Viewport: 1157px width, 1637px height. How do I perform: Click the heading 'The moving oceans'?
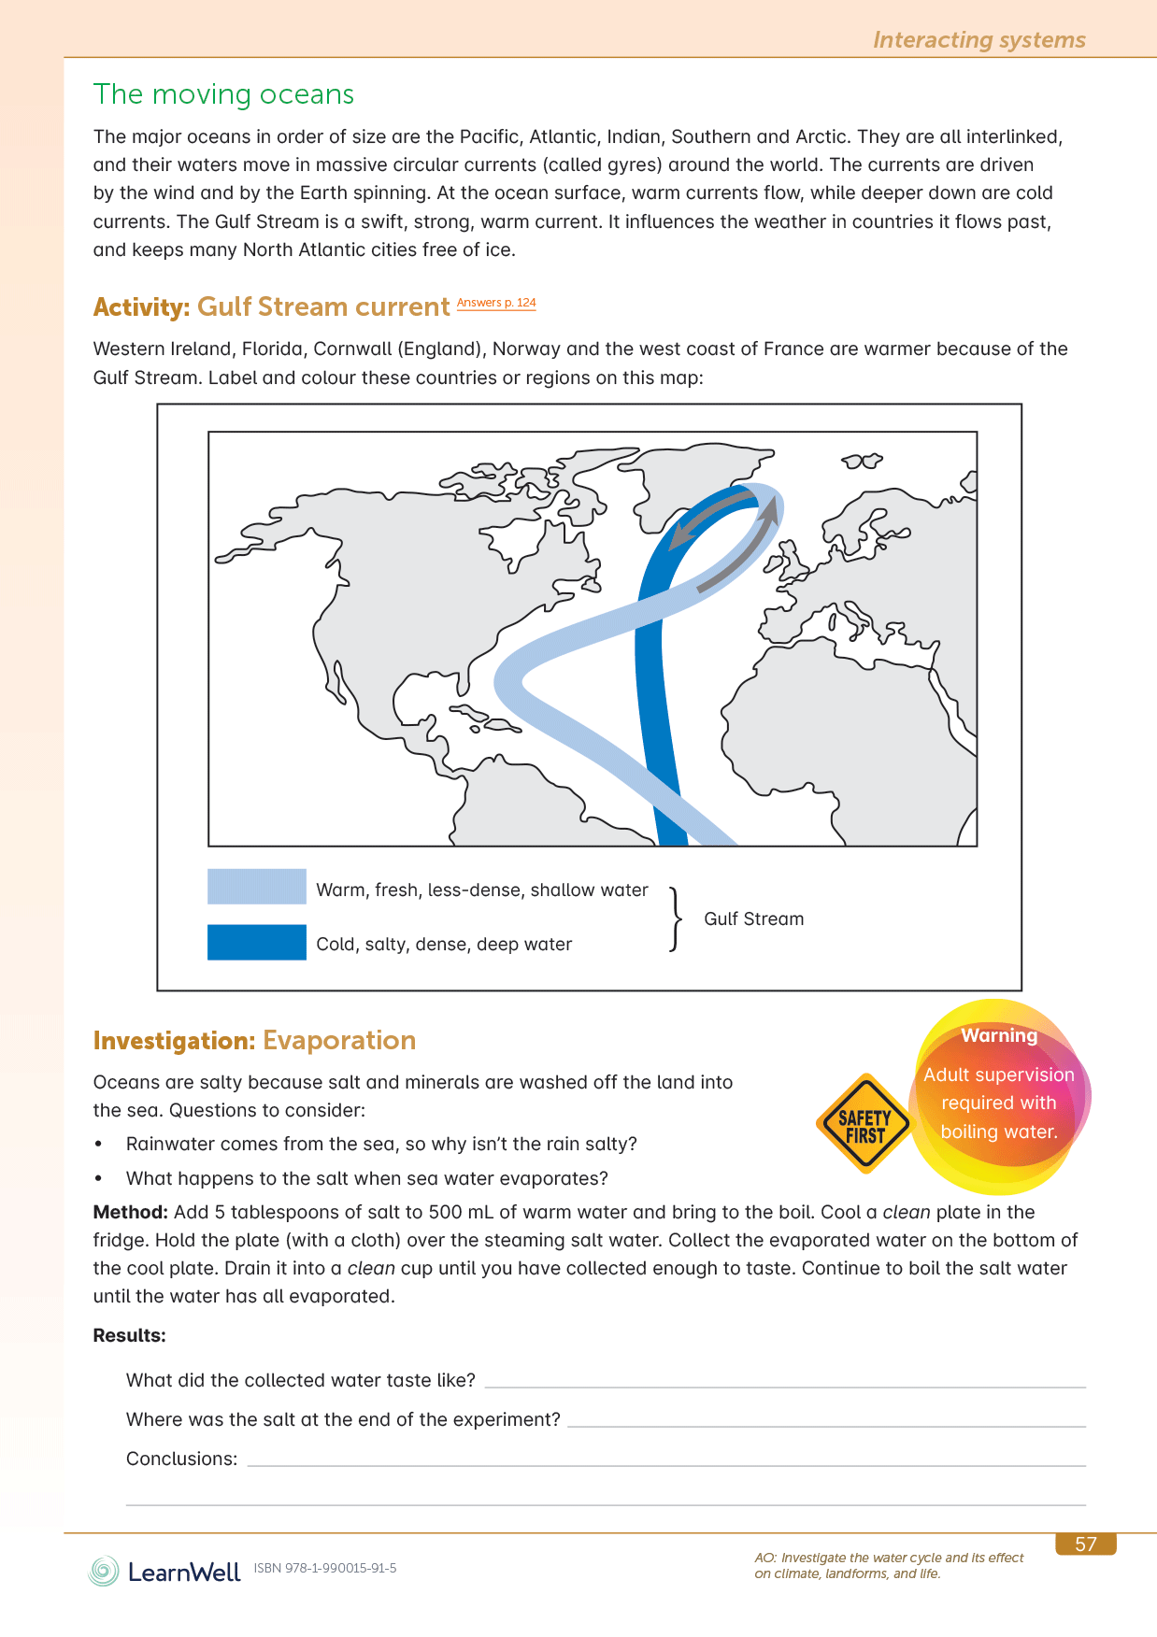pyautogui.click(x=223, y=94)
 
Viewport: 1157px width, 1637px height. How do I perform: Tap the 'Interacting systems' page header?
pyautogui.click(x=978, y=40)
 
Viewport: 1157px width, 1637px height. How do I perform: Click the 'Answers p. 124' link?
pyautogui.click(x=496, y=303)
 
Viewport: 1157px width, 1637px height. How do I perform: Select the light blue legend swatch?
pyautogui.click(x=257, y=887)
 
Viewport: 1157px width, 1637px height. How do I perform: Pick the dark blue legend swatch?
pyautogui.click(x=257, y=942)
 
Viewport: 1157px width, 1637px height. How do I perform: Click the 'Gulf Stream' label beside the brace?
pyautogui.click(x=753, y=918)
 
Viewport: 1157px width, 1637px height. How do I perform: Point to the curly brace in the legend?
pyautogui.click(x=675, y=918)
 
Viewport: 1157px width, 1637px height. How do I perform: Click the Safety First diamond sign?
pyautogui.click(x=864, y=1124)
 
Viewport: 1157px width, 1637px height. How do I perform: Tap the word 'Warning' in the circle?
pyautogui.click(x=999, y=1035)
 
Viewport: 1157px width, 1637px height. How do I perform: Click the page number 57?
pyautogui.click(x=1085, y=1544)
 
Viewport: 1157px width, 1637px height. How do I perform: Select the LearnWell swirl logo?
pyautogui.click(x=104, y=1571)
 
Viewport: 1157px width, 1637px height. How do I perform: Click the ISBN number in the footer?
pyautogui.click(x=325, y=1568)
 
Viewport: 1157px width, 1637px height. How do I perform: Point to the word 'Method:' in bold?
pyautogui.click(x=130, y=1212)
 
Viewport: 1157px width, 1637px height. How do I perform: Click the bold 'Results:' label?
pyautogui.click(x=129, y=1335)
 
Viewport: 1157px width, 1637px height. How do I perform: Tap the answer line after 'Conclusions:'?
pyautogui.click(x=665, y=1463)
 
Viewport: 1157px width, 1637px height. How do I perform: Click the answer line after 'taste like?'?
pyautogui.click(x=785, y=1385)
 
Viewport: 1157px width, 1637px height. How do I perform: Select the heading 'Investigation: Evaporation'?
pyautogui.click(x=254, y=1040)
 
